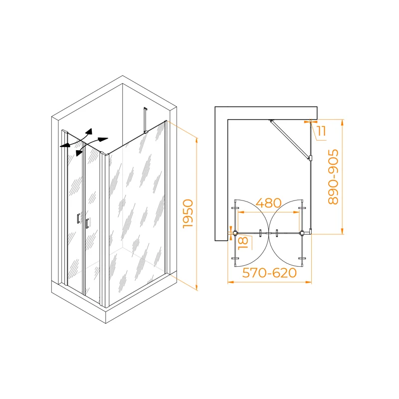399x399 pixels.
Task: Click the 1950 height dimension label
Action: [x=189, y=214]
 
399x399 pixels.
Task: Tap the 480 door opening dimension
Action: [x=268, y=203]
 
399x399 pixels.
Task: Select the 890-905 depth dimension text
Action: [x=333, y=177]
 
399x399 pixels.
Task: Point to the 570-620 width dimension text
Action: [x=269, y=273]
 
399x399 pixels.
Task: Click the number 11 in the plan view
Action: [x=322, y=131]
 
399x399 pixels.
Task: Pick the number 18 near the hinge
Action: [x=243, y=243]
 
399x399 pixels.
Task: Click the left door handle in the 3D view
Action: [x=78, y=218]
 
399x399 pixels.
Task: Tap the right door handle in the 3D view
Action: [x=87, y=223]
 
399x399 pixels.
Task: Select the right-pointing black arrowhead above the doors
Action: [x=103, y=140]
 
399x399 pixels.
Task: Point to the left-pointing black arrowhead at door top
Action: [x=65, y=145]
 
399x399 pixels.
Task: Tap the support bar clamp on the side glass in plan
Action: [x=310, y=158]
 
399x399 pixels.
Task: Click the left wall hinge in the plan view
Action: [x=235, y=232]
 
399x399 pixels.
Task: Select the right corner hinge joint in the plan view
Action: [x=302, y=232]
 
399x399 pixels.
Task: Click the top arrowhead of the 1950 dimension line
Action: [x=197, y=141]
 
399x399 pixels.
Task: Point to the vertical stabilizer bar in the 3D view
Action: [x=145, y=120]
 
